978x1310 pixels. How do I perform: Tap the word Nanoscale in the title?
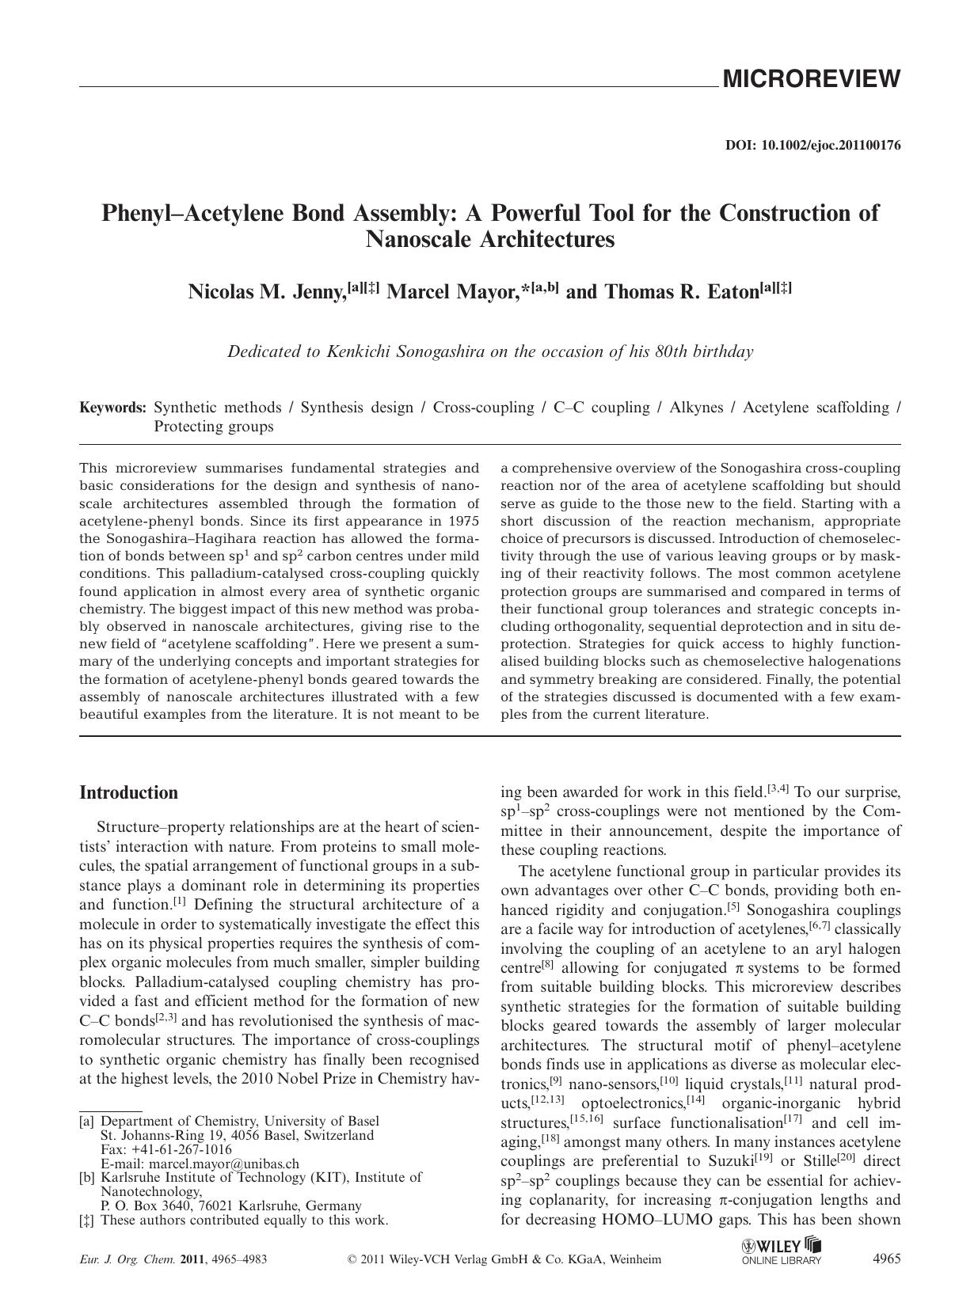tap(419, 239)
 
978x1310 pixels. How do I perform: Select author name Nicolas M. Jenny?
tap(267, 292)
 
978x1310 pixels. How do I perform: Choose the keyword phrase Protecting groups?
tap(213, 427)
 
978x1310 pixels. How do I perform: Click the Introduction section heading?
tap(129, 793)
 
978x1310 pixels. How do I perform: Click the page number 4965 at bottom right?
tap(886, 1259)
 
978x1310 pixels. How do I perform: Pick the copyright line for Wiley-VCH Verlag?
tap(504, 1259)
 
